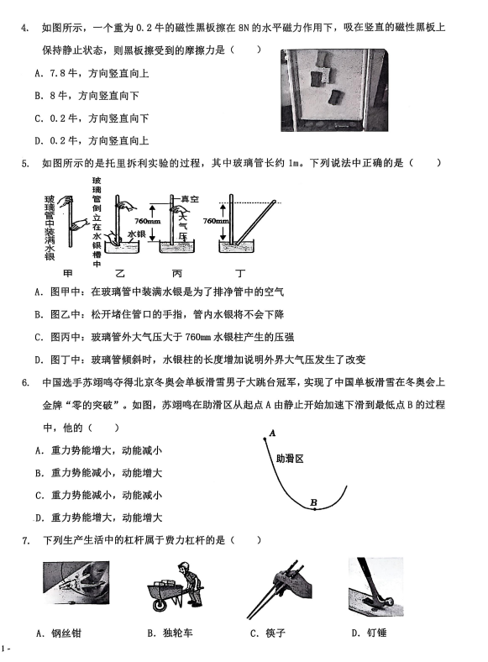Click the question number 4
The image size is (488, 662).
25,29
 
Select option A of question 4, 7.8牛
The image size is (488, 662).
92,73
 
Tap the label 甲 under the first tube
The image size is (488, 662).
68,273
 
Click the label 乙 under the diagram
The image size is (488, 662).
120,274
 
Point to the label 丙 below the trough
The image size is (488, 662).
177,274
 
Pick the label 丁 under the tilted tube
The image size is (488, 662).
240,274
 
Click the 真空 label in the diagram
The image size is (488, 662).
190,199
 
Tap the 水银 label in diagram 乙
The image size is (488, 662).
136,234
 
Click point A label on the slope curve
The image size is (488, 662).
272,433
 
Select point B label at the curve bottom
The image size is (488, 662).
313,502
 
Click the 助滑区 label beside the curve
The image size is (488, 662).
290,459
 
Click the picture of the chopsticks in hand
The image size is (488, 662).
279,589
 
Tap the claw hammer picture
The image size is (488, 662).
375,587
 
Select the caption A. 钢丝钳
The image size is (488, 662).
59,633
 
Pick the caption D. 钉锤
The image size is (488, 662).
369,633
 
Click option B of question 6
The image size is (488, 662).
98,473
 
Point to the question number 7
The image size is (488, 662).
26,540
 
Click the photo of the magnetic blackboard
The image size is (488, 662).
334,90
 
